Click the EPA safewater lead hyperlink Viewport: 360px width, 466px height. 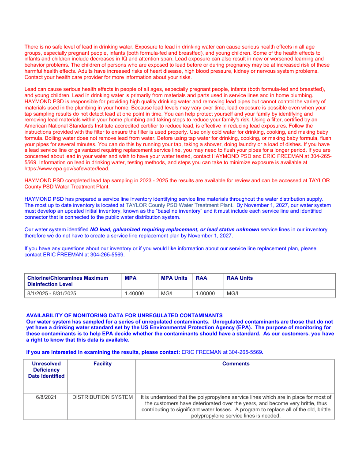66,169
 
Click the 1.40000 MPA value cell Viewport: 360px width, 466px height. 134,293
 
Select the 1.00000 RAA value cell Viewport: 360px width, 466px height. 205,293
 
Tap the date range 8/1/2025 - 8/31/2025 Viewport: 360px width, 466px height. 52,293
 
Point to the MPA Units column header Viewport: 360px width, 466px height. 174,278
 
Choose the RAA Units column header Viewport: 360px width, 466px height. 240,278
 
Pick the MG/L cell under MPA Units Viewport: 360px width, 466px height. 167,293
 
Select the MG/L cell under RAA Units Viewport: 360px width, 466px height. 233,293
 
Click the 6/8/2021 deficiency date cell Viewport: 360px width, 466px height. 46,397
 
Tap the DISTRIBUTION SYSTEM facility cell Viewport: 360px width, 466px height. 102,397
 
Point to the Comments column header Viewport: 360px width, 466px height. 236,364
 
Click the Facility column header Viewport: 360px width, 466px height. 102,364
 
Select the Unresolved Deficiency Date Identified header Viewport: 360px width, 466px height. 46,370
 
